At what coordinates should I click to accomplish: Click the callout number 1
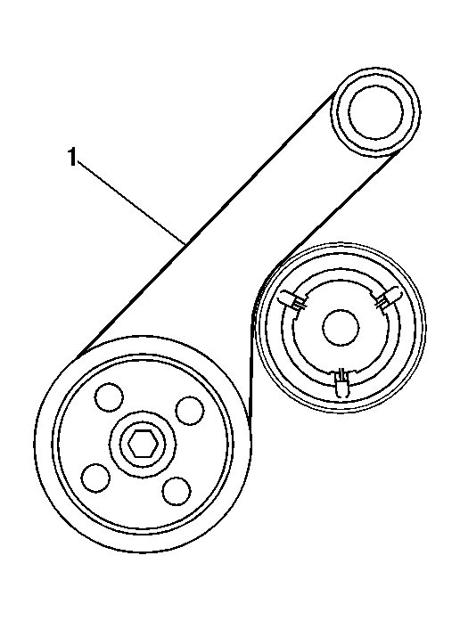71,158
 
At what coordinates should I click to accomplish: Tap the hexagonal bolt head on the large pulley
143,443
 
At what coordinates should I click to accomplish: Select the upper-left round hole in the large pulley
109,396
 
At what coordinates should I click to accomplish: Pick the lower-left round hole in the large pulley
96,478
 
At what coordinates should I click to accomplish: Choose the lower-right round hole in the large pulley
177,491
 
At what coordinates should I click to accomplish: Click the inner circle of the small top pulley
375,112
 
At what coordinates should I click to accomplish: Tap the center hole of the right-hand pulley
341,328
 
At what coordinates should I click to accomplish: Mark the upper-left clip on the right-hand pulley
293,299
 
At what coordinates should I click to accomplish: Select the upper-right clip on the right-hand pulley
387,298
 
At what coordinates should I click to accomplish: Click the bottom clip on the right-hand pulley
342,383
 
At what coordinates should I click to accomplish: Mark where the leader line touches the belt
185,243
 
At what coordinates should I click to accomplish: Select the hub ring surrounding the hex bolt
143,443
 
